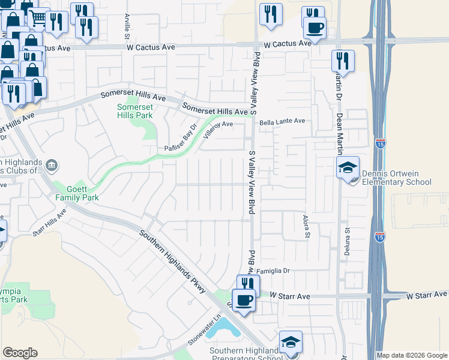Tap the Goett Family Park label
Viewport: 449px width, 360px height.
[x=76, y=192]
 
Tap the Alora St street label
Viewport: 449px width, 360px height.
[x=306, y=226]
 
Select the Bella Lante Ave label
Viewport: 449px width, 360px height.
[x=282, y=121]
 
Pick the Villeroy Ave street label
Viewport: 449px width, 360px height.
[x=217, y=128]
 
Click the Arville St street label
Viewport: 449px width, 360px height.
[x=127, y=24]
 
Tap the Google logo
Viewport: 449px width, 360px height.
[x=20, y=352]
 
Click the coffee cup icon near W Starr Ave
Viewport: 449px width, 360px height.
[x=243, y=299]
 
